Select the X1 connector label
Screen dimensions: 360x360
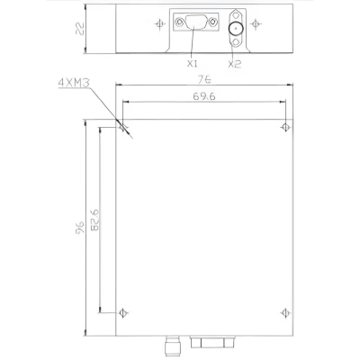click(x=192, y=64)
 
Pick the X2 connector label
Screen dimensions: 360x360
click(x=233, y=64)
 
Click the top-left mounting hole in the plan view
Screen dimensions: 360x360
click(x=123, y=126)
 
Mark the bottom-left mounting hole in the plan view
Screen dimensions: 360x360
click(x=123, y=311)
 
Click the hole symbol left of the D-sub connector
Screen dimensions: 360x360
click(x=158, y=24)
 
